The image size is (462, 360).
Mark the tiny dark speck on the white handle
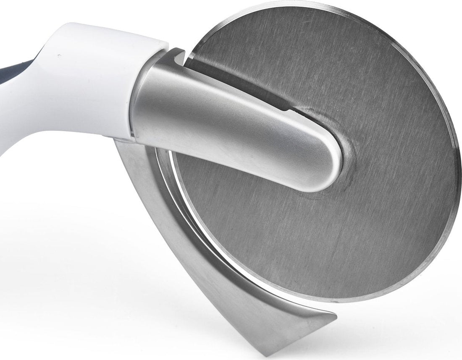pos(59,55)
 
